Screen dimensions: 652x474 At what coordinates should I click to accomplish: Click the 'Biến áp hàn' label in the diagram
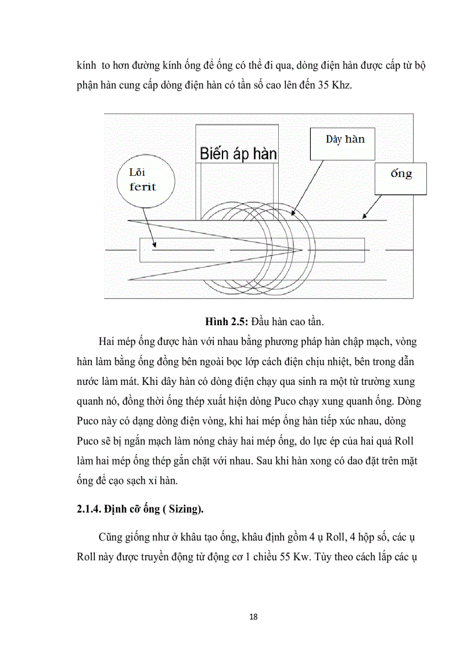[238, 154]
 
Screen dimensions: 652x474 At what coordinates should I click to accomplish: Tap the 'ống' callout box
[401, 175]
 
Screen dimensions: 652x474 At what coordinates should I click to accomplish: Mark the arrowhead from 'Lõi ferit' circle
[154, 247]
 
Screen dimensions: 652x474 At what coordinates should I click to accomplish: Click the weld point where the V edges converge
[301, 250]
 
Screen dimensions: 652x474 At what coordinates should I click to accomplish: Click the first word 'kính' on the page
[87, 66]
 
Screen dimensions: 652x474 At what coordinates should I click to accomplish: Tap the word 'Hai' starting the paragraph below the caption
[109, 341]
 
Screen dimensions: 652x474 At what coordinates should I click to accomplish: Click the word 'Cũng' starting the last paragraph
[111, 535]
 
